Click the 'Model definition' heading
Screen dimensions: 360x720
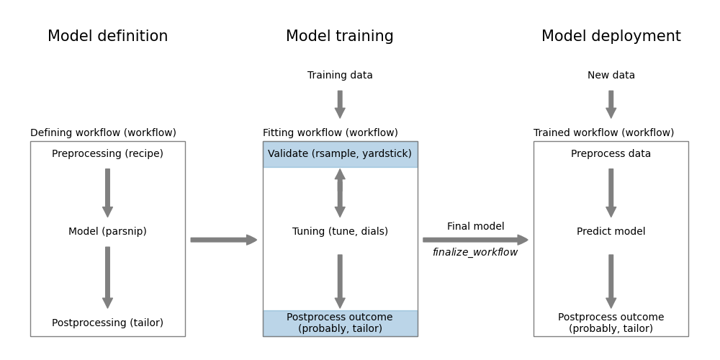coord(107,37)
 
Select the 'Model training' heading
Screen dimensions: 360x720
coord(340,37)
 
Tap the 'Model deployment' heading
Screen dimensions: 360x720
coord(611,37)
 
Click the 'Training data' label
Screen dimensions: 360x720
coord(340,76)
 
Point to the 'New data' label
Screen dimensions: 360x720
coord(611,76)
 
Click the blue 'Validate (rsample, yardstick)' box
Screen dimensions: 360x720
coord(340,154)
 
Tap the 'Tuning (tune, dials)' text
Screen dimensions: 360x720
coord(340,232)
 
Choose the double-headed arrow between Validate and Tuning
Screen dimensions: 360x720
coord(340,193)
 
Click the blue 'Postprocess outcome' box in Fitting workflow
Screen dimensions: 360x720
coord(340,323)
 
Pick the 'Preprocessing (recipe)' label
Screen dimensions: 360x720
coord(107,154)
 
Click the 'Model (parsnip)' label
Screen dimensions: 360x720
coord(107,232)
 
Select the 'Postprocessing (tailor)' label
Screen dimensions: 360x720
coord(107,323)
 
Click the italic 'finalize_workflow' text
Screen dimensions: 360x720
coord(475,253)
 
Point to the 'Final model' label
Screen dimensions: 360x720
coord(475,227)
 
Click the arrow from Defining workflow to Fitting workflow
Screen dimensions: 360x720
coord(223,240)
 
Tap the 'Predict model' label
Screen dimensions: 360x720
coord(611,232)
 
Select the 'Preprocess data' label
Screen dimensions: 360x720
coord(611,154)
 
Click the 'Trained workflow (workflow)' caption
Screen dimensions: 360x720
coord(603,133)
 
